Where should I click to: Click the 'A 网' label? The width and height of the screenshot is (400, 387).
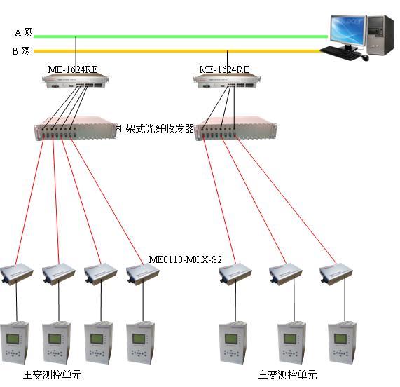point(24,32)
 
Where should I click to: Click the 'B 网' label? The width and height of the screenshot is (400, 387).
point(22,51)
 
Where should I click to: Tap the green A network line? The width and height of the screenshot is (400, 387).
point(181,36)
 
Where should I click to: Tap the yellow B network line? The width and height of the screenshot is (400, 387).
point(177,51)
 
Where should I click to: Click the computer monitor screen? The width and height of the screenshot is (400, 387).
point(347,30)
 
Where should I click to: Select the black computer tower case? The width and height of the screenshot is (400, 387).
point(380,35)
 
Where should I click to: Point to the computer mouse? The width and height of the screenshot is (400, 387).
point(365,57)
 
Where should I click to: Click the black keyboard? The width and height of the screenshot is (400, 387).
point(341,53)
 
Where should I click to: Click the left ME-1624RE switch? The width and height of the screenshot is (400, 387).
point(76,81)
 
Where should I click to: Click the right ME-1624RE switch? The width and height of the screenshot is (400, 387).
point(227,81)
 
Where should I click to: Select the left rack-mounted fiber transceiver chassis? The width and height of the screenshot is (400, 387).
point(75,128)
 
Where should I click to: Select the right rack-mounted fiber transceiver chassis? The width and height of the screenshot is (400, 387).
point(235,128)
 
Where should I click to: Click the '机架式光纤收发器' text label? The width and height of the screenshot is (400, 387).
point(156,129)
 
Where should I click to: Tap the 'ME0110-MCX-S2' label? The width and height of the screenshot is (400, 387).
point(185,259)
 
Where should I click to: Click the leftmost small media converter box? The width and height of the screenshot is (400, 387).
point(17,274)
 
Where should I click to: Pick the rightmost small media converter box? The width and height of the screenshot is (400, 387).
point(336,274)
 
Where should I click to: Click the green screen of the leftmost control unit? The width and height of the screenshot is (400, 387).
point(13,339)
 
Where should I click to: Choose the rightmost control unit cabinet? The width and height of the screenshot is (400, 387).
point(342,343)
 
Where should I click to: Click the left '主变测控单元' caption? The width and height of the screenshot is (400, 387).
point(53,374)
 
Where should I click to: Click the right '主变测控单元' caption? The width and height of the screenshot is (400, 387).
point(287,374)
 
